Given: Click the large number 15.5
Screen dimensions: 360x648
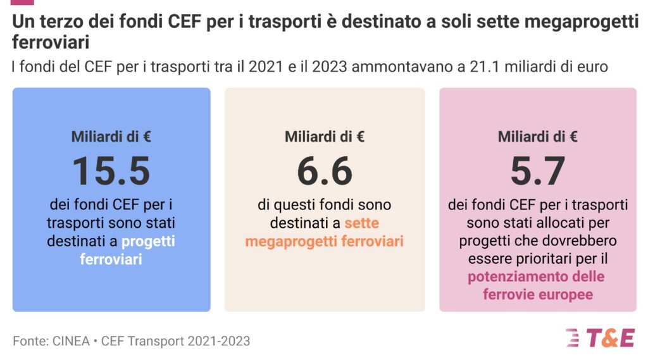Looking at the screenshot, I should pyautogui.click(x=111, y=171).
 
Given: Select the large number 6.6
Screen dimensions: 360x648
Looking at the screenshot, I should pyautogui.click(x=325, y=171).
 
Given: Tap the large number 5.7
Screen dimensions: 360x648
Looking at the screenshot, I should pyautogui.click(x=537, y=171).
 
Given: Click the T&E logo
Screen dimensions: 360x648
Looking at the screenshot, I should pyautogui.click(x=599, y=338).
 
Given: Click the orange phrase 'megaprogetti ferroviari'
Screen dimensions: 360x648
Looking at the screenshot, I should pyautogui.click(x=324, y=242).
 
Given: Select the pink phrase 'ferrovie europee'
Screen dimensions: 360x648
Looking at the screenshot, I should pyautogui.click(x=537, y=294).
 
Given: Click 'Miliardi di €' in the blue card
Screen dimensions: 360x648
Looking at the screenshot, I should pyautogui.click(x=111, y=136).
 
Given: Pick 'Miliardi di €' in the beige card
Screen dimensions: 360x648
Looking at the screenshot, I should pyautogui.click(x=325, y=136).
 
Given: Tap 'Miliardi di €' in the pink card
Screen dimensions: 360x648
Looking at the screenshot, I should pyautogui.click(x=537, y=136).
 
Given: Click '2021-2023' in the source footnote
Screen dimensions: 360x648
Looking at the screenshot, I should pyautogui.click(x=221, y=341).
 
